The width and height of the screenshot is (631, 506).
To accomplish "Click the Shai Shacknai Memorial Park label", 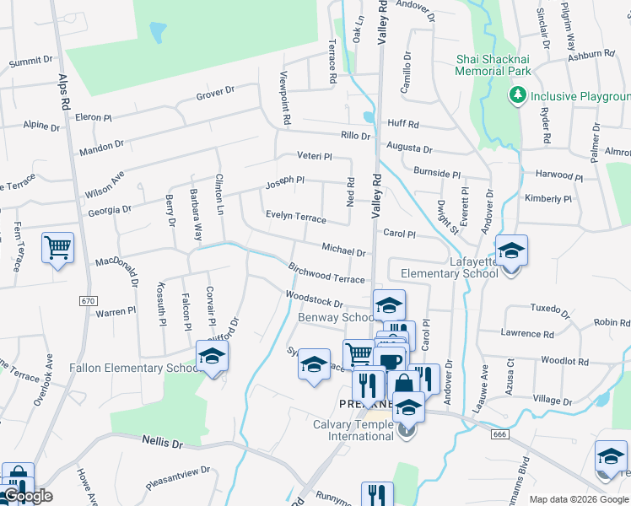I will [x=493, y=65].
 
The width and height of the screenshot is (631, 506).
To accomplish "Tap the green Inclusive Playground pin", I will [x=517, y=95].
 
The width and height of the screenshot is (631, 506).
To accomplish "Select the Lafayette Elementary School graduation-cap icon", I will [x=510, y=251].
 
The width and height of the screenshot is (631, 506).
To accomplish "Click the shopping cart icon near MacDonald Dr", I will [x=57, y=248].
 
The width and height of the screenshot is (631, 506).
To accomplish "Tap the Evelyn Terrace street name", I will [x=295, y=217].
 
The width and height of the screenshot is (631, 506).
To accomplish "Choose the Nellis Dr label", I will [x=162, y=442].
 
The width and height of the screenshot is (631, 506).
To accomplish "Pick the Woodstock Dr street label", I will [x=314, y=299].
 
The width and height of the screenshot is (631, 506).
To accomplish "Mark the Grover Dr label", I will [x=214, y=94].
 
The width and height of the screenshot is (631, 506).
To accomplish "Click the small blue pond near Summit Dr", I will [x=157, y=32].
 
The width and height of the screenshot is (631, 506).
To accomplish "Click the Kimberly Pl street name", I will [x=547, y=198].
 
